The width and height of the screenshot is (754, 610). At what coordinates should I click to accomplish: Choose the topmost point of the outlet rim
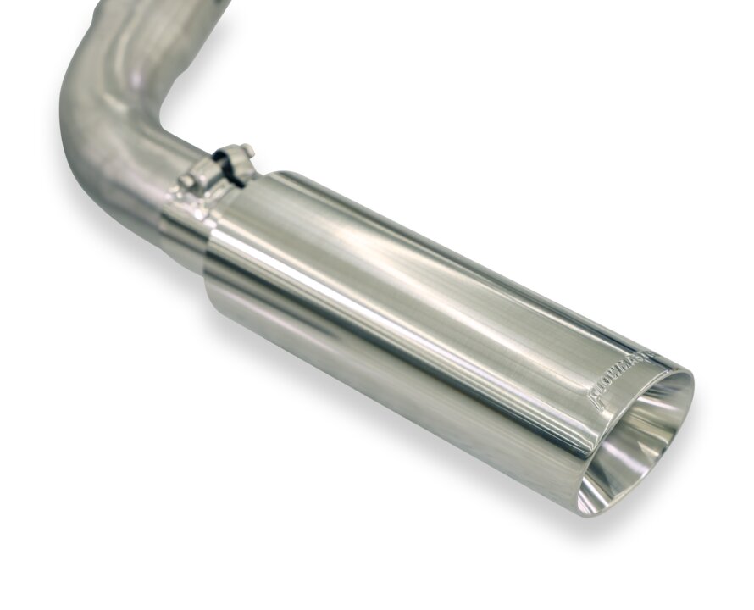tap(682, 373)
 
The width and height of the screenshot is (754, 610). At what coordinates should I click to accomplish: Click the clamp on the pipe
tap(225, 169)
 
